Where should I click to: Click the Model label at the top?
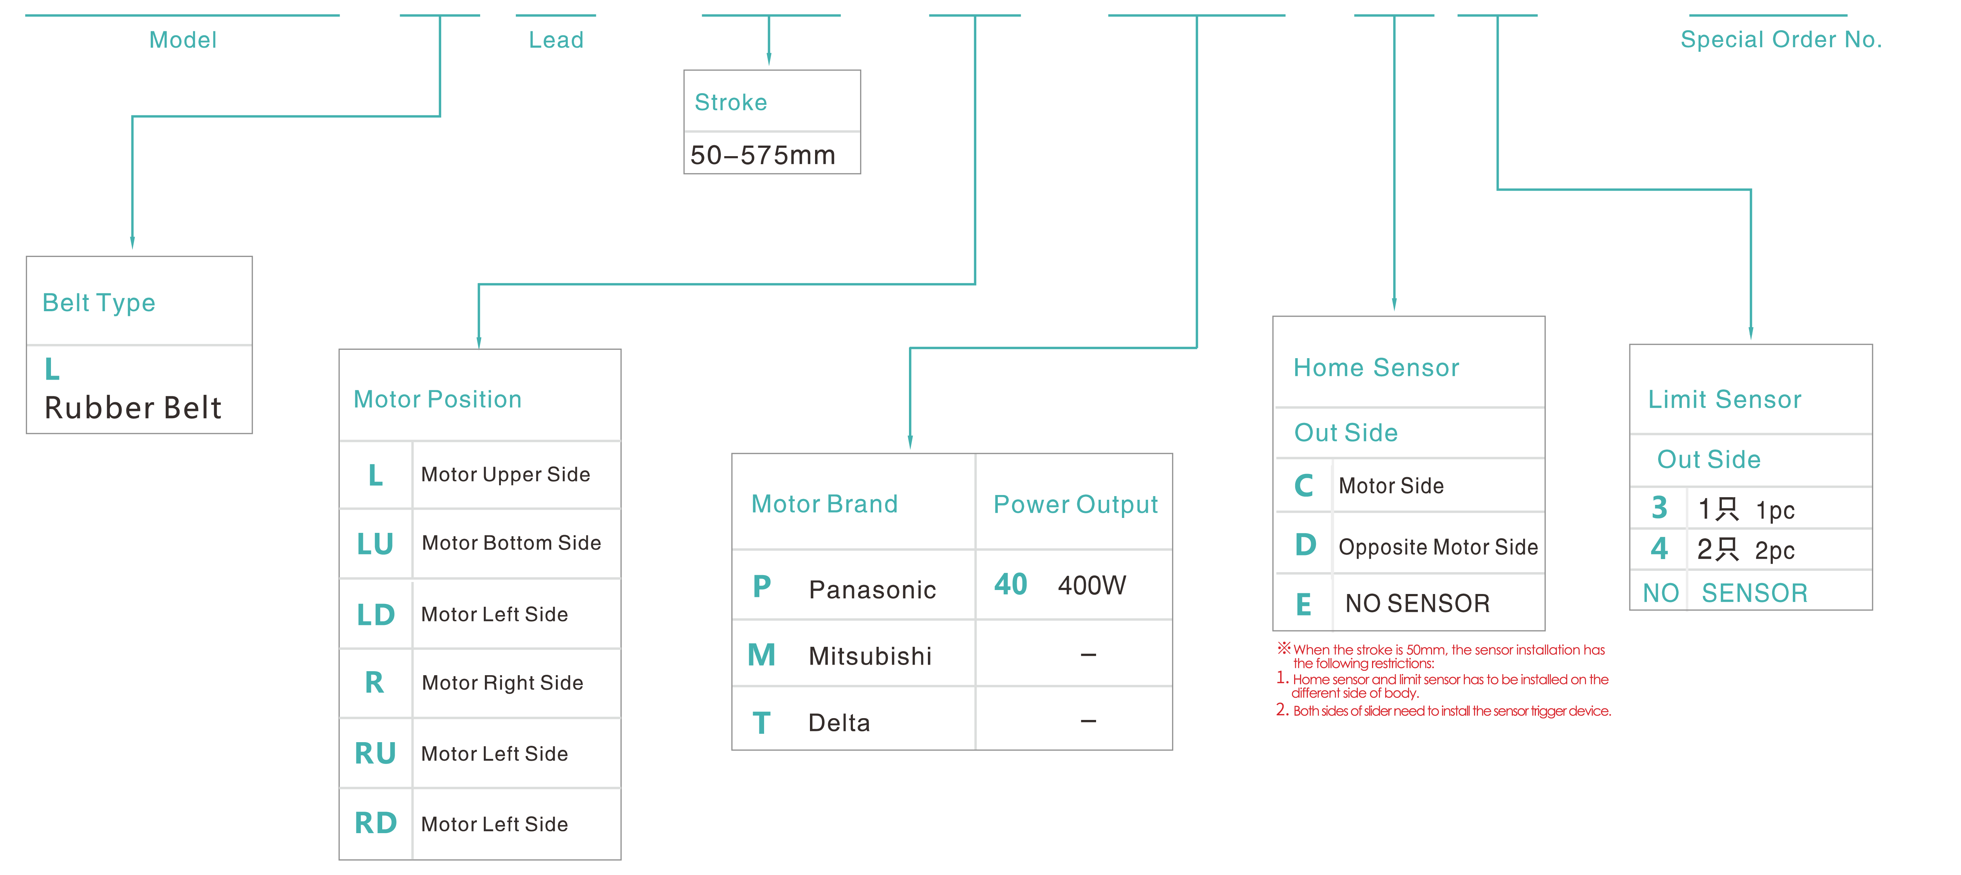[x=183, y=40]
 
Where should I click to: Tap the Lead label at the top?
[x=557, y=40]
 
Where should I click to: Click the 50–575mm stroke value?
[x=763, y=155]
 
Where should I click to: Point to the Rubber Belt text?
[x=133, y=408]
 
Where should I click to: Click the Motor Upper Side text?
[x=506, y=475]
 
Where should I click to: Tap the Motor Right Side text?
[x=502, y=682]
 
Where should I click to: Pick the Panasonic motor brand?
[x=873, y=590]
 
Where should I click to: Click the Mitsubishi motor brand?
[x=870, y=656]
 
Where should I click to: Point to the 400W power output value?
[x=1092, y=585]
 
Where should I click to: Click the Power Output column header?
[x=1076, y=504]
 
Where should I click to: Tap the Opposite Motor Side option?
[x=1438, y=547]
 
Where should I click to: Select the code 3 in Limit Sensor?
[x=1660, y=507]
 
